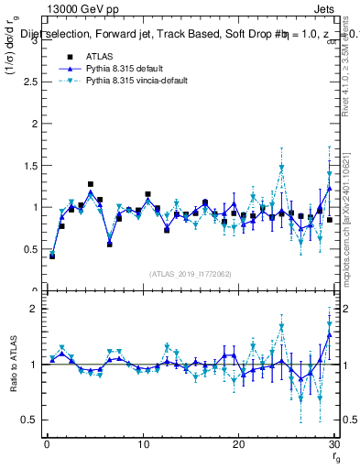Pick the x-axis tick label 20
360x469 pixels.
[x=238, y=444]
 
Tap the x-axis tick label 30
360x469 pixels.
[x=333, y=444]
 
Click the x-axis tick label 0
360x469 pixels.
[x=47, y=444]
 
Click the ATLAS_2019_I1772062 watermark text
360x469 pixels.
[x=191, y=273]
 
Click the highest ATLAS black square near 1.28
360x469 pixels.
[x=90, y=184]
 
